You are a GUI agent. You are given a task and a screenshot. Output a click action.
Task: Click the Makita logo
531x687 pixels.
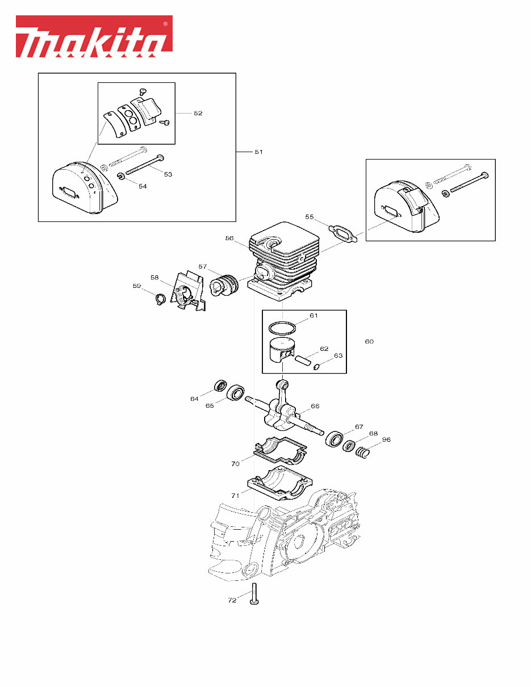pos(94,36)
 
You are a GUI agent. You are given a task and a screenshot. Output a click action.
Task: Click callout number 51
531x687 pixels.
pos(258,152)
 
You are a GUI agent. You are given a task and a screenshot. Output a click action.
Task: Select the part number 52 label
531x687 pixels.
pos(198,113)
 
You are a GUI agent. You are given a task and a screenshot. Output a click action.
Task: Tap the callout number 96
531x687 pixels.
pos(386,439)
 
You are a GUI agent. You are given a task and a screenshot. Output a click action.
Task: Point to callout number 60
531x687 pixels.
pos(369,341)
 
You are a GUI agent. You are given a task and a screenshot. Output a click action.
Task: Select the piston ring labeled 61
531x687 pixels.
pos(283,328)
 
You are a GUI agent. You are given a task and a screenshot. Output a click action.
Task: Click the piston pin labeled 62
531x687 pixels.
pos(302,360)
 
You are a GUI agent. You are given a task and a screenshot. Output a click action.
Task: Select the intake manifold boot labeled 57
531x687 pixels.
pos(225,284)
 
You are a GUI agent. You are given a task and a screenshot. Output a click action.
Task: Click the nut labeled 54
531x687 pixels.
pos(121,178)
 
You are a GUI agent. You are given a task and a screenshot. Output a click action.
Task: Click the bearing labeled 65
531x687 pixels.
pos(236,392)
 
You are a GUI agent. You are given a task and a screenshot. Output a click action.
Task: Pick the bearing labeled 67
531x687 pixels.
pos(335,439)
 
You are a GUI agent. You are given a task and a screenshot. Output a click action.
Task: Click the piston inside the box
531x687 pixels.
pos(282,351)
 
